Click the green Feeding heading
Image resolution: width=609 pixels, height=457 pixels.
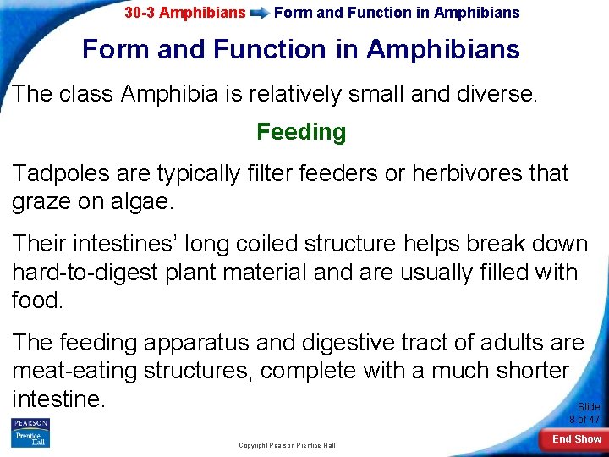tap(301, 132)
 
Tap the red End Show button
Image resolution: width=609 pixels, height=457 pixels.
tap(577, 438)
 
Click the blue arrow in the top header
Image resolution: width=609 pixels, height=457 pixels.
tap(261, 13)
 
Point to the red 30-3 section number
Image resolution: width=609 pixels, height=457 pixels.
tap(140, 13)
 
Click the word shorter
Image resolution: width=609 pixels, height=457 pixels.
tap(524, 372)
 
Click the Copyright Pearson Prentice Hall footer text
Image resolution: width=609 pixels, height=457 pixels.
tap(287, 445)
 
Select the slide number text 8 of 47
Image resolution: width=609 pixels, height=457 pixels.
tap(584, 419)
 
